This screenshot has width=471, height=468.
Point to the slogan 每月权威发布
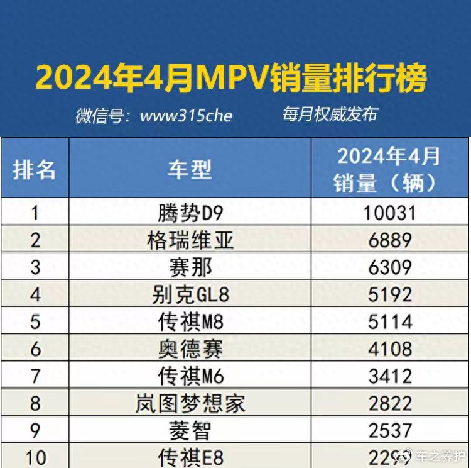point(330,114)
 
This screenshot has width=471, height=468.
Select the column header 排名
point(35,169)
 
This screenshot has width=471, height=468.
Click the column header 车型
point(190,169)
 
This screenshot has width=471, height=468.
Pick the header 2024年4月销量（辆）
point(389,169)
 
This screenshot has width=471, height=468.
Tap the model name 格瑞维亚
point(190,240)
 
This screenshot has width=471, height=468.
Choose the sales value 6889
point(389,240)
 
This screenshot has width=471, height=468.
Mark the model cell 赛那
point(190,267)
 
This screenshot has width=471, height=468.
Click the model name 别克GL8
point(190,294)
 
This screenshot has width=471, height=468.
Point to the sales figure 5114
point(389,321)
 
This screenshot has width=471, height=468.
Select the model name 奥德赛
point(190,348)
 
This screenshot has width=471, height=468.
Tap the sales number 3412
point(389,376)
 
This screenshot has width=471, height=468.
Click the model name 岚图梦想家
point(190,403)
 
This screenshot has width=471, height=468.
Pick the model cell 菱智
point(190,430)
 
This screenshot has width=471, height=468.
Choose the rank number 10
point(35,457)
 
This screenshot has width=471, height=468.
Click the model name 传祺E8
point(190,457)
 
